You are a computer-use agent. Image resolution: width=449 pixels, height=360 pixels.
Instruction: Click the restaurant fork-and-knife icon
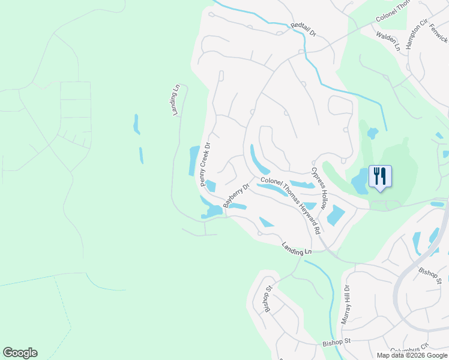pyautogui.click(x=379, y=176)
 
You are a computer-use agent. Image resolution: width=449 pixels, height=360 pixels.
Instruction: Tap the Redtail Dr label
pyautogui.click(x=306, y=28)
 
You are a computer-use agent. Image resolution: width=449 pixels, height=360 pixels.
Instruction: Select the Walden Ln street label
pyautogui.click(x=388, y=41)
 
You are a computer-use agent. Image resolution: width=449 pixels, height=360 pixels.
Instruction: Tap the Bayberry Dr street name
pyautogui.click(x=235, y=196)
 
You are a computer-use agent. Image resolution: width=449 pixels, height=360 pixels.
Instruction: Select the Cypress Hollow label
pyautogui.click(x=318, y=188)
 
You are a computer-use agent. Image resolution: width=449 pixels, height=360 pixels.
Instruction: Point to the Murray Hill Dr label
pyautogui.click(x=346, y=304)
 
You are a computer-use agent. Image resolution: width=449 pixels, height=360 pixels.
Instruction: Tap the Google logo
pyautogui.click(x=20, y=353)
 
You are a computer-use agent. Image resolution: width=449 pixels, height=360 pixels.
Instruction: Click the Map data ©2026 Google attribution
pyautogui.click(x=412, y=355)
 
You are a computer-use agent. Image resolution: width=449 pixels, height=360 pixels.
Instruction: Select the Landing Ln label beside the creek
pyautogui.click(x=298, y=248)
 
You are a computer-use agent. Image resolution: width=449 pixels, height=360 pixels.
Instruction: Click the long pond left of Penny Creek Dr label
pyautogui.click(x=194, y=161)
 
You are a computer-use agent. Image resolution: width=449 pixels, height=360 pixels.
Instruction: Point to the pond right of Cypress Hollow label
pyautogui.click(x=336, y=215)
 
